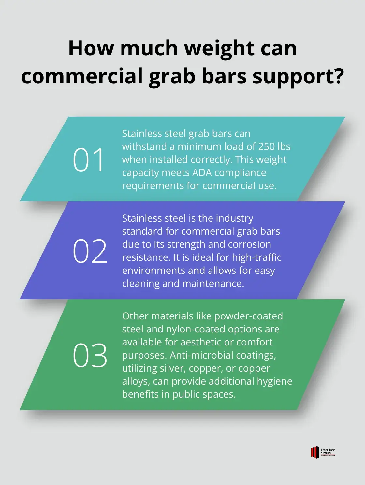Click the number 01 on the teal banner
pyautogui.click(x=88, y=160)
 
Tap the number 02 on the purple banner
pyautogui.click(x=90, y=251)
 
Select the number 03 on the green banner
pyautogui.click(x=90, y=355)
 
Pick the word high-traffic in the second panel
pyautogui.click(x=256, y=257)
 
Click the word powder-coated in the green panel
pyautogui.click(x=249, y=316)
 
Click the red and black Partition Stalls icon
pyautogui.click(x=315, y=452)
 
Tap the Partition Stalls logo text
pyautogui.click(x=328, y=451)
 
